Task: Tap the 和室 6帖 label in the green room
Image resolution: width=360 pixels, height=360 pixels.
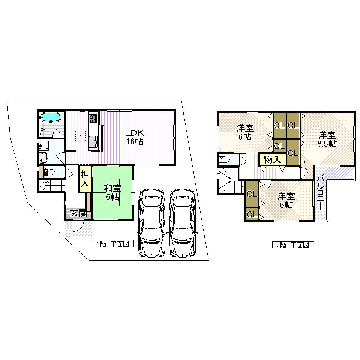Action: click(112, 192)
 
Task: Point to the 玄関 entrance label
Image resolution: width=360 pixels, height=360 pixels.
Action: click(79, 213)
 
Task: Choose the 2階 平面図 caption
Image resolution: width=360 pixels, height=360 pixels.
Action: click(292, 245)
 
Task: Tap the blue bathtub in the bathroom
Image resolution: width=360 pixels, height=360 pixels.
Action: click(51, 118)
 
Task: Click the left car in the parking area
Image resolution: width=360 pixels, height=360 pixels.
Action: click(152, 223)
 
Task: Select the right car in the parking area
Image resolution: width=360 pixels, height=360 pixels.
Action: click(182, 223)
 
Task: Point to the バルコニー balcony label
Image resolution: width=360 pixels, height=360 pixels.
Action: click(321, 195)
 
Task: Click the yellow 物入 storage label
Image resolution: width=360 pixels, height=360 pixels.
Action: click(272, 160)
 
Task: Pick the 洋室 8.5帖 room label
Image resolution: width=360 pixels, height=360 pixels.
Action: click(327, 139)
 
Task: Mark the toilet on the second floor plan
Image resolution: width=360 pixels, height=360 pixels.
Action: click(226, 160)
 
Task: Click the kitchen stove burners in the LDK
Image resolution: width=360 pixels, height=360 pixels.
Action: click(93, 119)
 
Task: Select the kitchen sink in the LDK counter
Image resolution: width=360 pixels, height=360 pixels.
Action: click(93, 141)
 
